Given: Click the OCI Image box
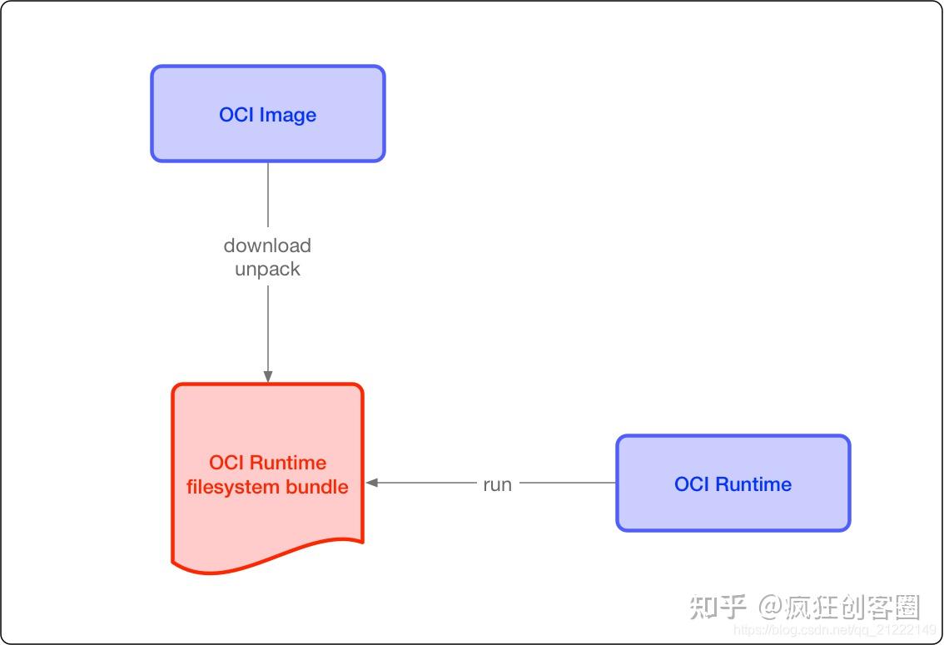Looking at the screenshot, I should (267, 113).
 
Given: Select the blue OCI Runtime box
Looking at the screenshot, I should (733, 483).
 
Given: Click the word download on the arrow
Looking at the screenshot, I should (267, 246).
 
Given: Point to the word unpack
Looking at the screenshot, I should (267, 269).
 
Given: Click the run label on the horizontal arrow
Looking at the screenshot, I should (497, 484).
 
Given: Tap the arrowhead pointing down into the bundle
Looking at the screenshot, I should (268, 376).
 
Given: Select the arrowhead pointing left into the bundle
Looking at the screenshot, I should (372, 483).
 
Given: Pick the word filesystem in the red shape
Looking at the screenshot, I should (232, 486).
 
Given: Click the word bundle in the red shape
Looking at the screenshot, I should (316, 486).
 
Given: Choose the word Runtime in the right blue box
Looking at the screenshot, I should (753, 484).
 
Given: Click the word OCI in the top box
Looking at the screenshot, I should (236, 115).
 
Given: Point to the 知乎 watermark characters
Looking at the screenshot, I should (718, 608).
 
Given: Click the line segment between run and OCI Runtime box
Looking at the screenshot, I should (568, 483).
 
